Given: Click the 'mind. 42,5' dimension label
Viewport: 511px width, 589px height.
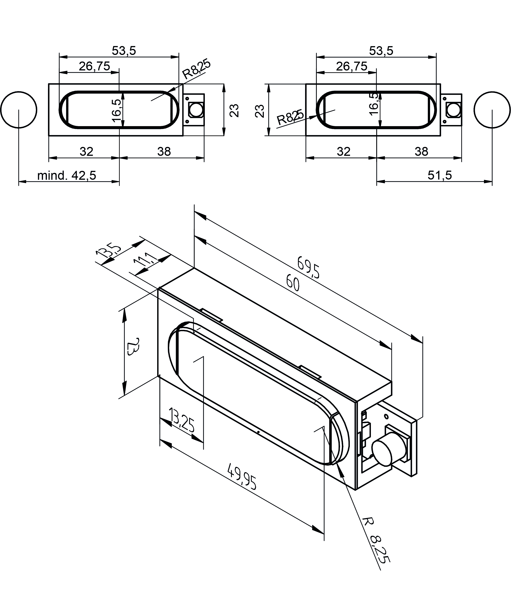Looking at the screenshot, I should click(67, 176).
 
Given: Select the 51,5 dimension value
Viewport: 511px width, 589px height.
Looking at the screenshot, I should click(439, 175).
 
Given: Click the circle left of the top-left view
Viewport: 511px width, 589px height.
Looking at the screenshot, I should click(19, 110).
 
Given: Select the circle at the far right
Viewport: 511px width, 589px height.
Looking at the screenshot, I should click(492, 110).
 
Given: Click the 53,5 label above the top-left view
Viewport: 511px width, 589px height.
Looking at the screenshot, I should click(124, 51).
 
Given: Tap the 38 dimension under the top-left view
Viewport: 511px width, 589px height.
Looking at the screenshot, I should click(164, 152).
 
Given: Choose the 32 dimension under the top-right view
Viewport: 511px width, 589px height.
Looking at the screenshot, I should click(344, 152).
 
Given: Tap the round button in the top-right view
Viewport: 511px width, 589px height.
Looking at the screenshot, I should click(453, 110).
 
